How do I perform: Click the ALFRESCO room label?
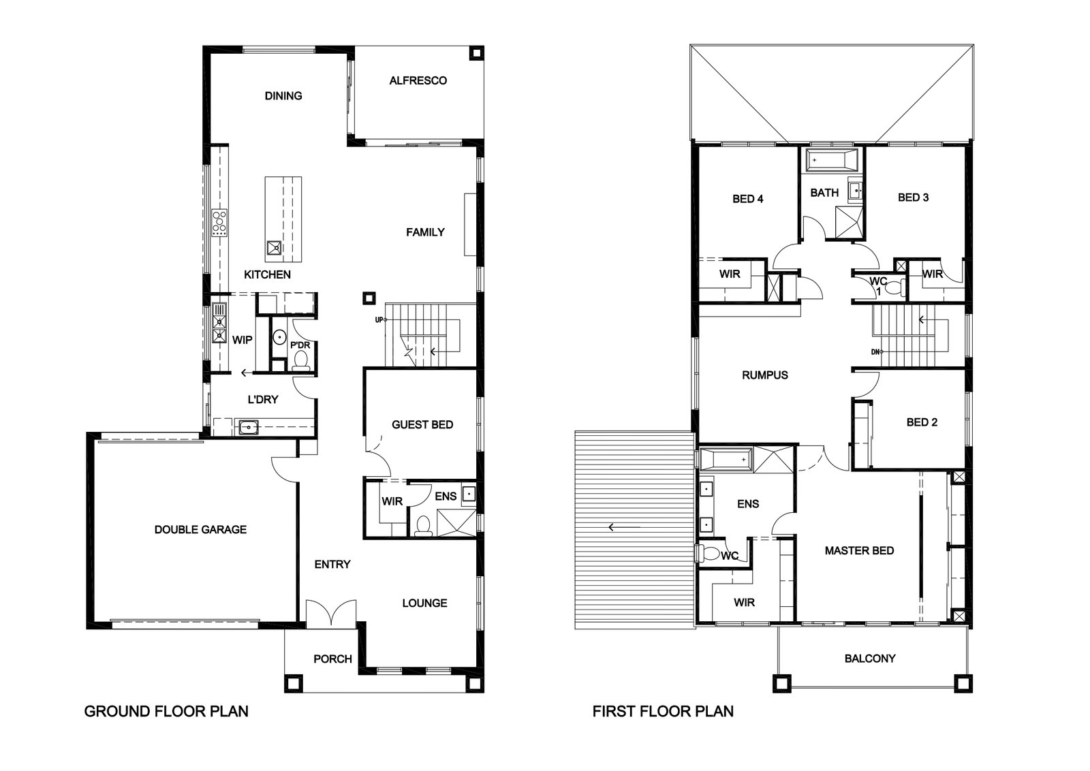point(418,80)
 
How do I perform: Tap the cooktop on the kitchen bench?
point(219,223)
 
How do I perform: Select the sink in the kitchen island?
point(274,248)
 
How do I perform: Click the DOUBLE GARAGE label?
point(200,529)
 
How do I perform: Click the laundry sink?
point(249,427)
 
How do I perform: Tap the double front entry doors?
point(331,612)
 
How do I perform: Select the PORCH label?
point(332,659)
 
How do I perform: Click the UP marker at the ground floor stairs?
point(380,319)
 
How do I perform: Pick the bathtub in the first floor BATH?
point(832,160)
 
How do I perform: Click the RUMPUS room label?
point(765,375)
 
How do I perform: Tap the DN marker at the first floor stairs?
point(877,351)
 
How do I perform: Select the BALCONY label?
point(870,658)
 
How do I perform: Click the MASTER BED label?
point(859,550)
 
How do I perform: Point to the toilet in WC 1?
point(895,288)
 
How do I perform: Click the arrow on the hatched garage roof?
point(624,526)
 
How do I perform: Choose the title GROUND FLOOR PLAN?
point(166,711)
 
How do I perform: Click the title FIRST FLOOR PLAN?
point(663,711)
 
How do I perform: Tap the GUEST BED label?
point(422,424)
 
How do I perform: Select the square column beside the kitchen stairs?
point(369,297)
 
